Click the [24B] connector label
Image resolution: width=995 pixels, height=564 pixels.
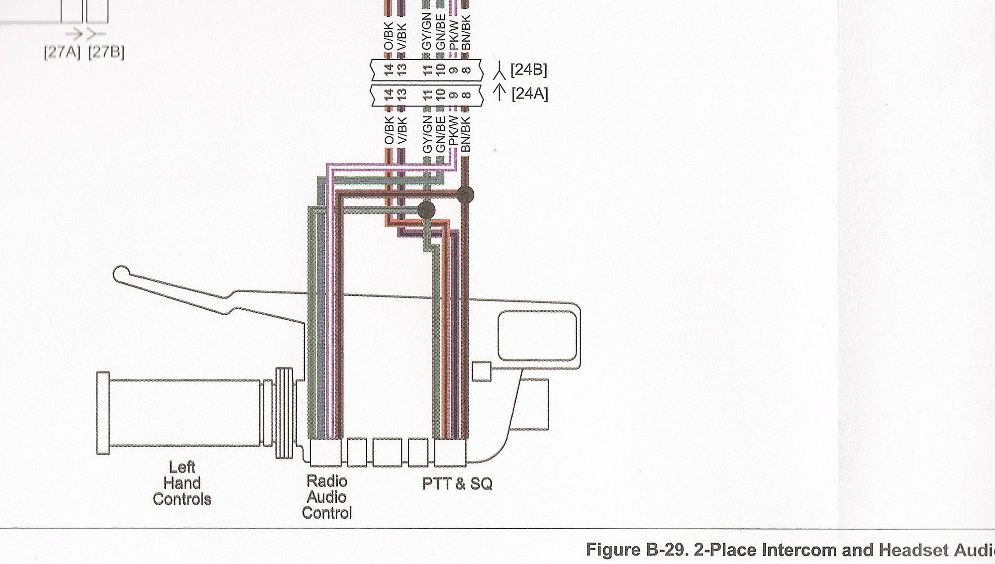coord(528,70)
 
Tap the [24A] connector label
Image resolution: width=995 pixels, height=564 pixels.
coord(529,94)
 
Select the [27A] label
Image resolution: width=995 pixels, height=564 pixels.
coord(62,52)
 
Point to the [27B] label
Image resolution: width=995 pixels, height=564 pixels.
coord(106,52)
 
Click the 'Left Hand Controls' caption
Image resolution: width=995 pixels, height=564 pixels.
coord(182,483)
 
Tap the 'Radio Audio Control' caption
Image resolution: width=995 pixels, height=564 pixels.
coord(327,497)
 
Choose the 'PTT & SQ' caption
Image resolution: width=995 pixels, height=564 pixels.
coord(457,483)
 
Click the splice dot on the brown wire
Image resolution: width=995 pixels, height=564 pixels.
coord(465,194)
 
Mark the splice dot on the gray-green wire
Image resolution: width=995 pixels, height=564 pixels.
coord(426,210)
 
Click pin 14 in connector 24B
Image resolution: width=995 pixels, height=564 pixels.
coord(389,70)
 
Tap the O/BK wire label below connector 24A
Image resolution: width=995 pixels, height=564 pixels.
coord(389,130)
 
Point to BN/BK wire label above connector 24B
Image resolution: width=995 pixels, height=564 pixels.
coord(466,32)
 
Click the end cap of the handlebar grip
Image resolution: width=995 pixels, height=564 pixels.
coord(103,413)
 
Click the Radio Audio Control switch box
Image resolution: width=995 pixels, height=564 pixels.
coord(326,452)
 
